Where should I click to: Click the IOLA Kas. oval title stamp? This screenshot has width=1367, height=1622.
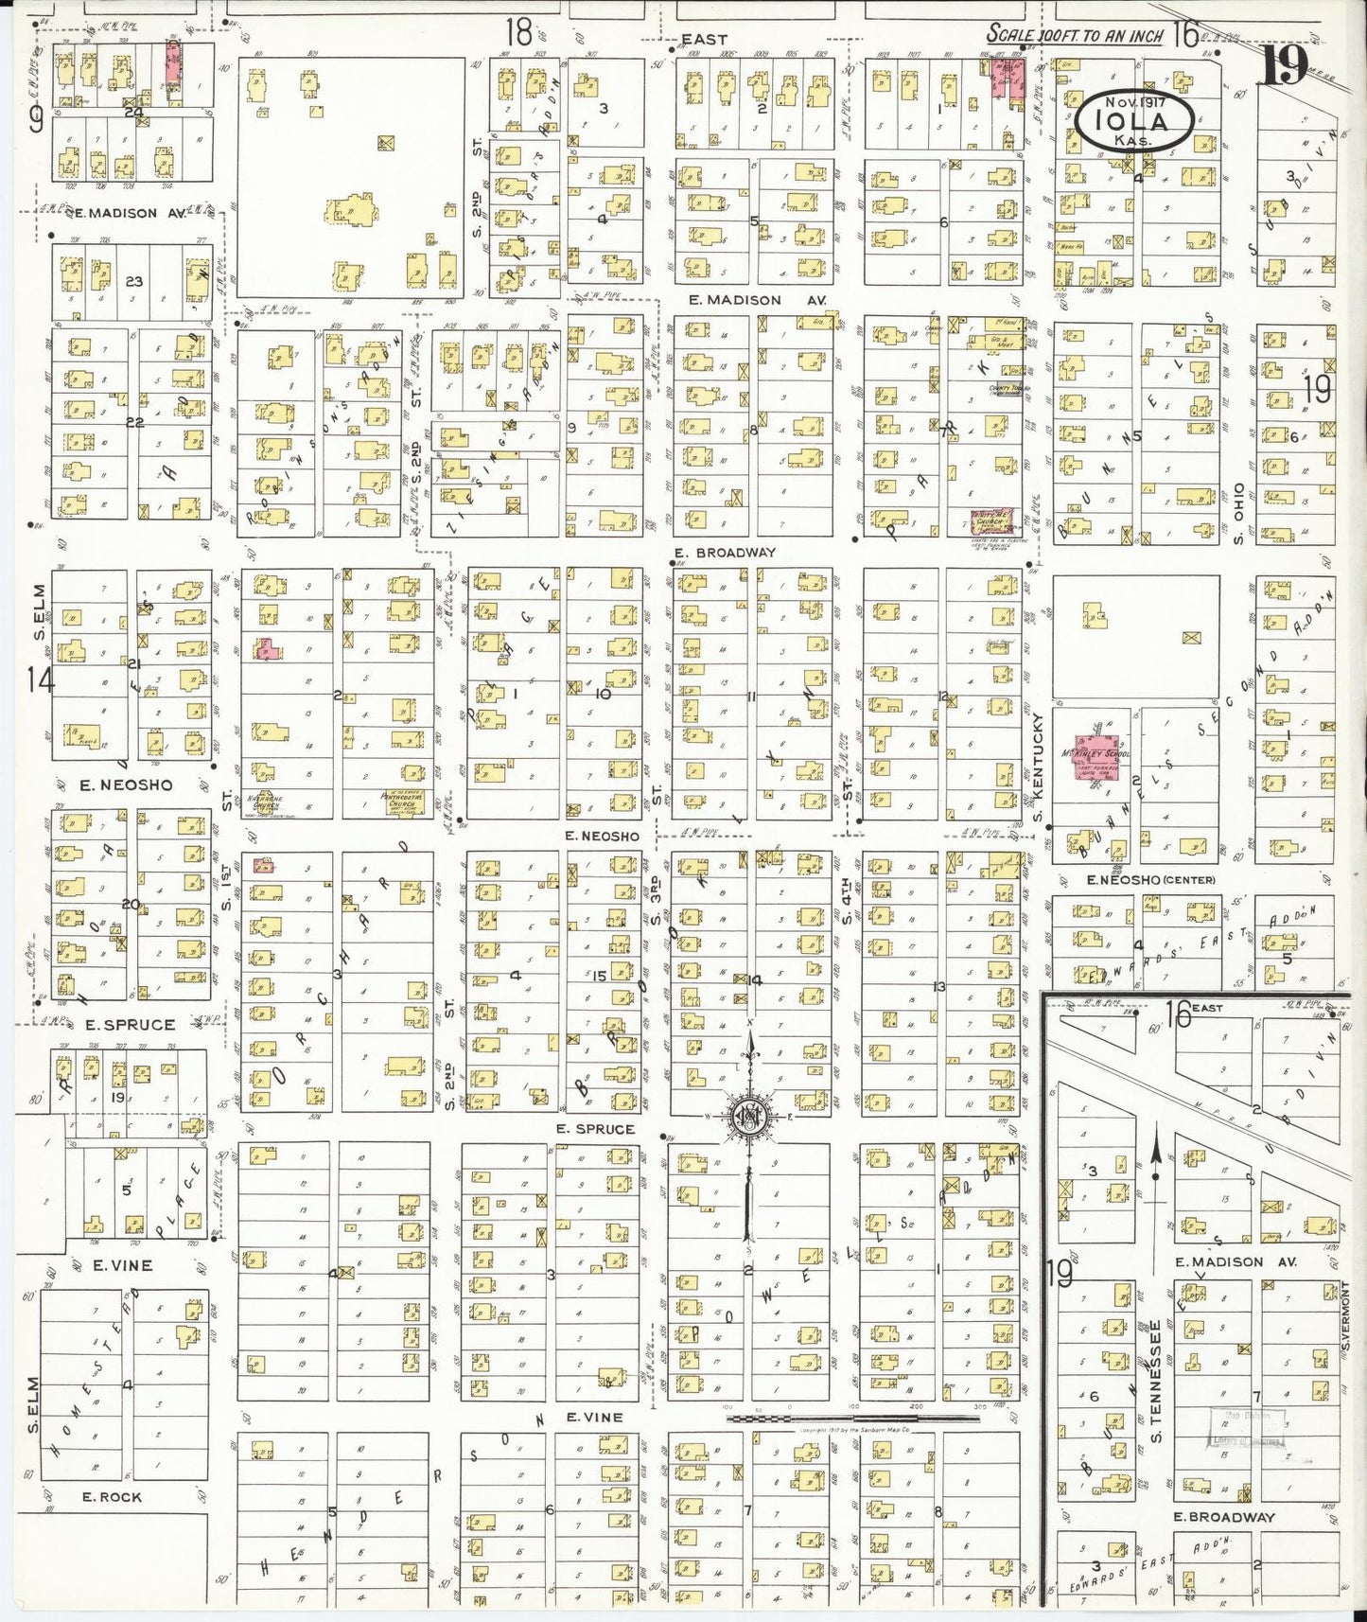click(x=1134, y=121)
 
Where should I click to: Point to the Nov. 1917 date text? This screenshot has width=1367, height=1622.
click(x=1134, y=99)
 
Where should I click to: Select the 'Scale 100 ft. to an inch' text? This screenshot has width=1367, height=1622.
click(x=1075, y=35)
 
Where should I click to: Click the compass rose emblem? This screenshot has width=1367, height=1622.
click(x=750, y=1118)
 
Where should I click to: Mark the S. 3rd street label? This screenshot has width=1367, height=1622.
click(x=655, y=903)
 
